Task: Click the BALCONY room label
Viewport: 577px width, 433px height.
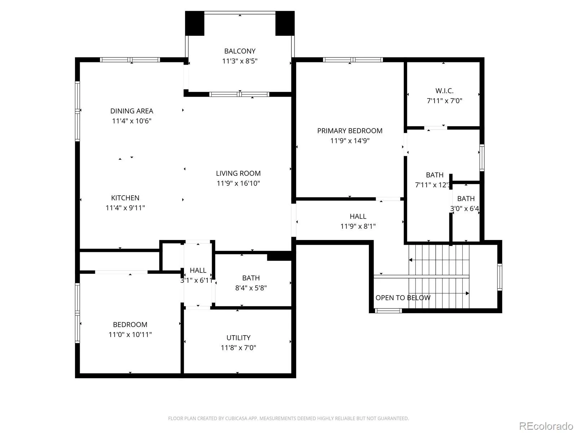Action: click(239, 51)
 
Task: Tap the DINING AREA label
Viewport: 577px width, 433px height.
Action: click(131, 111)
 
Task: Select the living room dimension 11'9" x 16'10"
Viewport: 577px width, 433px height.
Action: click(238, 183)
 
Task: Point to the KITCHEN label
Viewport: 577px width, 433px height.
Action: click(125, 198)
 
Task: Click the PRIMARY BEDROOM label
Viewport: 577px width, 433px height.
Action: click(349, 131)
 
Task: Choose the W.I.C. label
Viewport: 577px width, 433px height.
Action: click(444, 91)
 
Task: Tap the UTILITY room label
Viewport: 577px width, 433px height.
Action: click(238, 338)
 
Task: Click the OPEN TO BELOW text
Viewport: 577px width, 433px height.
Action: click(403, 298)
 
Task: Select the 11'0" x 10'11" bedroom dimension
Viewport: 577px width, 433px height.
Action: click(130, 334)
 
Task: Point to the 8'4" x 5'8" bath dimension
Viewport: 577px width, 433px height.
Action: click(251, 288)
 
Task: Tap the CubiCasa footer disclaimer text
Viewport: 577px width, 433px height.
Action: click(288, 418)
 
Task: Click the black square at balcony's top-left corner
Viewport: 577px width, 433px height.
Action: click(194, 23)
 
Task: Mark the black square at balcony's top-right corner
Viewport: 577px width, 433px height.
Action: click(285, 23)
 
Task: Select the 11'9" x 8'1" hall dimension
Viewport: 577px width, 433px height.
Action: click(358, 226)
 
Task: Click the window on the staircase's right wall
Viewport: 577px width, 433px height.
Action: click(499, 277)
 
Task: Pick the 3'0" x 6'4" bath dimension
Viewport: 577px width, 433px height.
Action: click(464, 209)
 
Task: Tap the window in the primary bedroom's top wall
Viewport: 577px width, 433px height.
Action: click(353, 60)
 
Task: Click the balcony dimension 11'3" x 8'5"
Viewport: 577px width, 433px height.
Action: click(239, 61)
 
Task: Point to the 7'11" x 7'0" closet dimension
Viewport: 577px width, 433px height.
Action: click(444, 101)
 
